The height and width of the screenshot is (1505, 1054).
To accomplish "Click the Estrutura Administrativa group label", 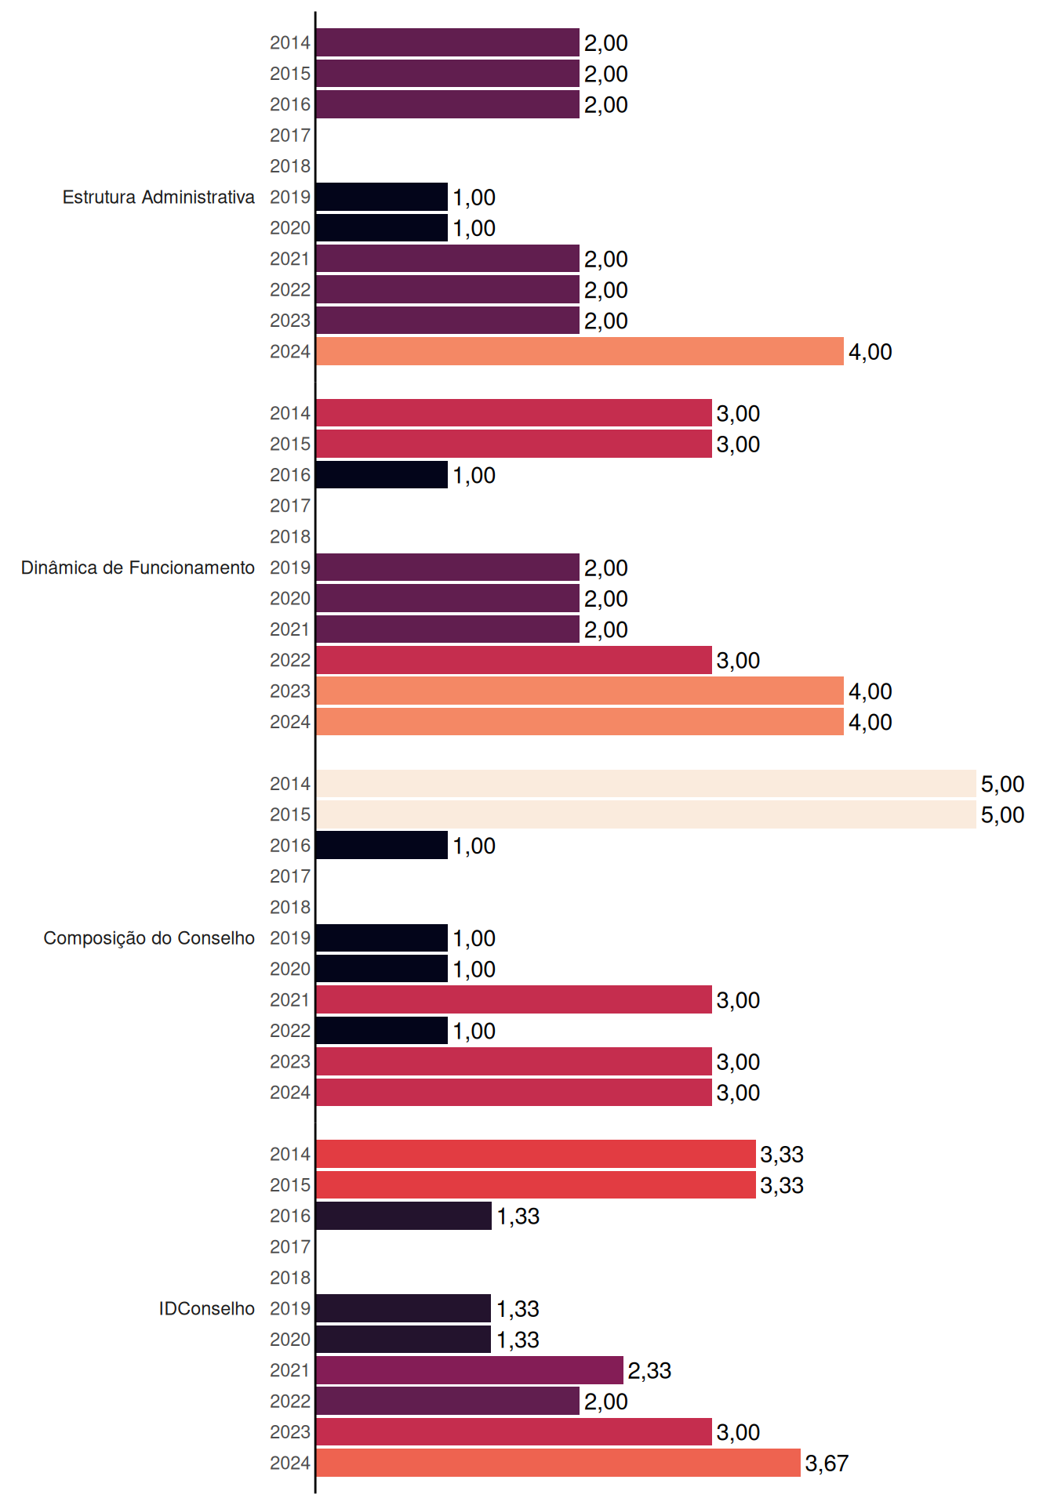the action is (158, 197).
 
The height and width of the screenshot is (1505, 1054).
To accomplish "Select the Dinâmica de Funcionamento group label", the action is (138, 568).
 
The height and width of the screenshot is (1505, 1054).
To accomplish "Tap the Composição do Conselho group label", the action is (149, 938).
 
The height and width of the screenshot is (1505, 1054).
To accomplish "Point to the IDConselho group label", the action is (207, 1308).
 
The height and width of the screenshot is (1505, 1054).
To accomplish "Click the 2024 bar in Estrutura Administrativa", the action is (580, 351).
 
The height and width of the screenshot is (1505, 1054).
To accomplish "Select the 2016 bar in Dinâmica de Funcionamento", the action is (382, 475).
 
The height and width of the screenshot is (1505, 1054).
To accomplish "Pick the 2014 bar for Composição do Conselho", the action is (646, 784).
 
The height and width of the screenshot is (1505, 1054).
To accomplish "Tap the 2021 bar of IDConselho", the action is (470, 1370).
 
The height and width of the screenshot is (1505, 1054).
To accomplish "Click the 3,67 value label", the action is (827, 1463).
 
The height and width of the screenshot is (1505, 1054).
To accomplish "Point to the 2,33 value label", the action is (649, 1371).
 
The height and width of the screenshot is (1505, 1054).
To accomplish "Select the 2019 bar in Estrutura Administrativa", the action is (382, 197).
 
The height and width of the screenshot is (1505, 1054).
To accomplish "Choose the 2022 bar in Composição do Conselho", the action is (382, 1031).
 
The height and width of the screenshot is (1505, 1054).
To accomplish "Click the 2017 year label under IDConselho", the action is (290, 1247).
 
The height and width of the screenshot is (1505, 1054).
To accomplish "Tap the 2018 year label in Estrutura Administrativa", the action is (290, 166).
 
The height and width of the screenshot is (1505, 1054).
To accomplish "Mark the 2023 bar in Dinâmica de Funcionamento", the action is (580, 691).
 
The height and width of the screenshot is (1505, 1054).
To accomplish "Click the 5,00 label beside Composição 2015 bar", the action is (1002, 815).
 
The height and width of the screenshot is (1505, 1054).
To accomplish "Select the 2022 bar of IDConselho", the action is (448, 1401).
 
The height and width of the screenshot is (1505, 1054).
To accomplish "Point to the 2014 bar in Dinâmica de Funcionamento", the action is (514, 413).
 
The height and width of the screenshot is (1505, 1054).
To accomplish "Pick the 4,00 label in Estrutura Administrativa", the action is (870, 352).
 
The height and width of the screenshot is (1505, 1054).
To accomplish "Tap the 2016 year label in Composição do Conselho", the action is (290, 846).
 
